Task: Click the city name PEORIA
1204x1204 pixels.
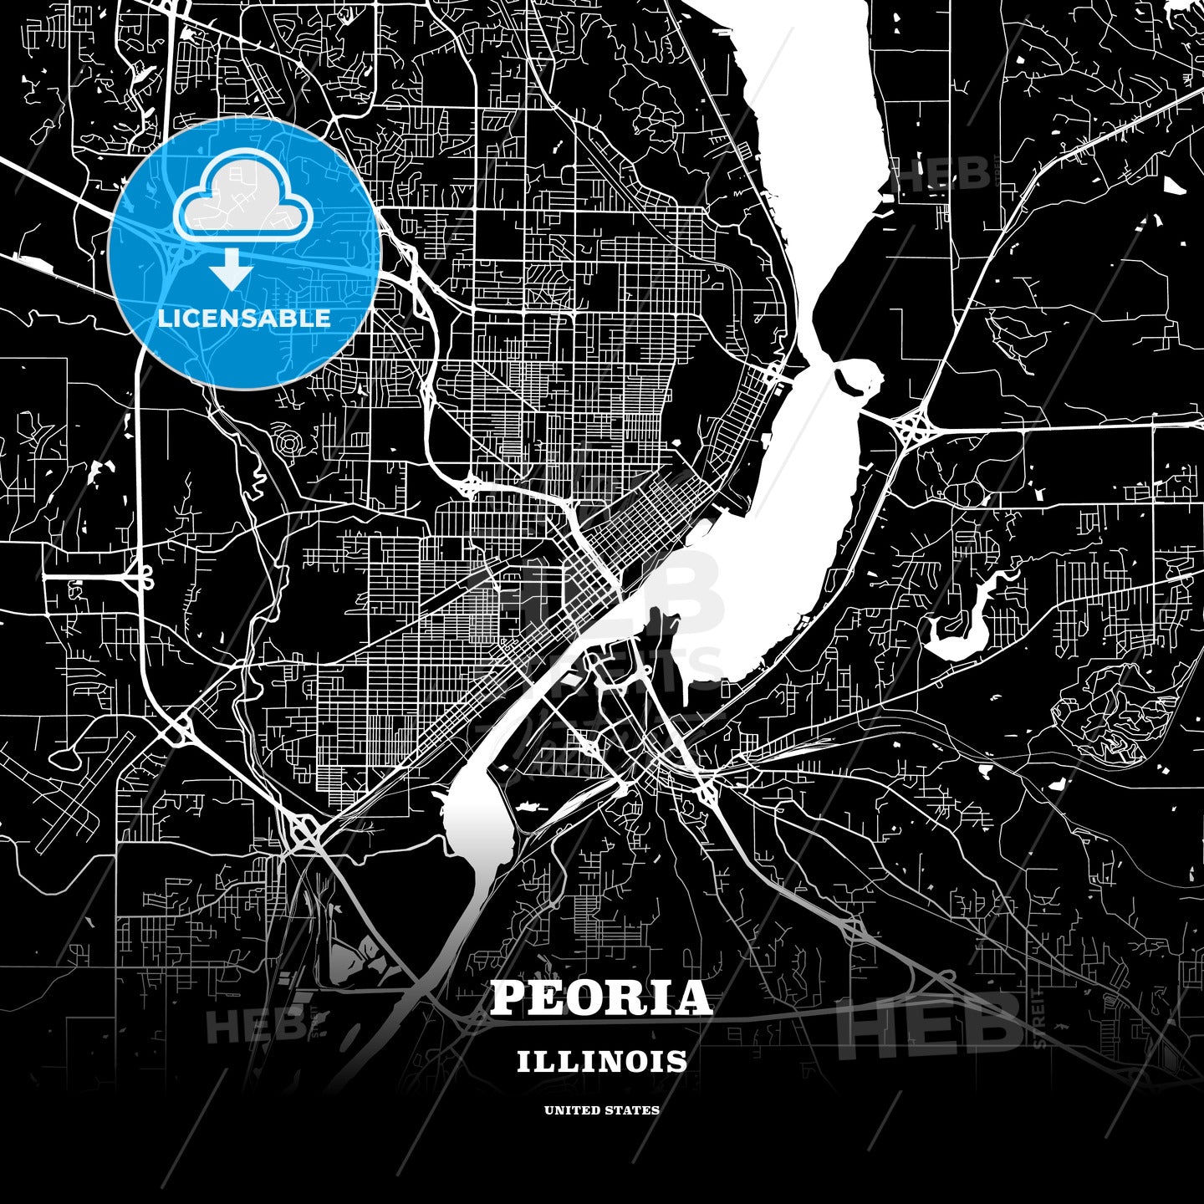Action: [x=601, y=998]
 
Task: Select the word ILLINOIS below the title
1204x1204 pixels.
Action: [x=602, y=1062]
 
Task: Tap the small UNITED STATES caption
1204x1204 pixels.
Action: [x=602, y=1110]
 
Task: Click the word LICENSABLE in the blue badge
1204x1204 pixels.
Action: [x=244, y=319]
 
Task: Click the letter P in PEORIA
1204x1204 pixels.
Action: [x=507, y=998]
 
